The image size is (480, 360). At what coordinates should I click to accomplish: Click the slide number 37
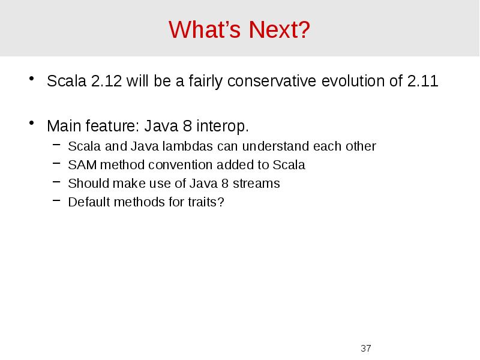coord(365,348)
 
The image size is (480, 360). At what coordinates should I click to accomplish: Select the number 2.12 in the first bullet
coord(106,82)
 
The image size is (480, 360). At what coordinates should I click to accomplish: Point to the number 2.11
coord(422,82)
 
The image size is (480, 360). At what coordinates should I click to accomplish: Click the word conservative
coord(272,82)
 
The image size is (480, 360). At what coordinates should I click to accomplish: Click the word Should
coord(86,184)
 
